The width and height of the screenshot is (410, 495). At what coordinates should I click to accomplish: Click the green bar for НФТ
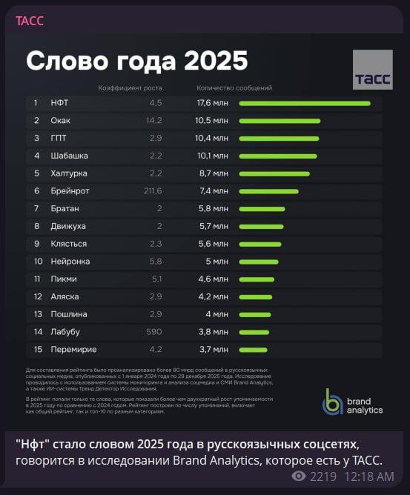click(304, 103)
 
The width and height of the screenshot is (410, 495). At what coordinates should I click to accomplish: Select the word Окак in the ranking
click(61, 120)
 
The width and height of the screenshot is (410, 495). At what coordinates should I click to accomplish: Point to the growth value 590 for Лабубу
click(153, 331)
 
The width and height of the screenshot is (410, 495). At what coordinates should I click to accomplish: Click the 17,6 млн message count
click(212, 103)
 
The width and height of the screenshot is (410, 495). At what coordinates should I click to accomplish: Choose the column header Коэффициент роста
click(130, 88)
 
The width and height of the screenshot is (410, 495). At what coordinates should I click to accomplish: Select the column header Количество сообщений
click(234, 88)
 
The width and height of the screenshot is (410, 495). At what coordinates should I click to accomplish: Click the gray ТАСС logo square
click(373, 70)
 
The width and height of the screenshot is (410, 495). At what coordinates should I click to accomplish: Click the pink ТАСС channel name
click(30, 21)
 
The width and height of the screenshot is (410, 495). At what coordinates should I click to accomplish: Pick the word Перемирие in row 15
click(73, 349)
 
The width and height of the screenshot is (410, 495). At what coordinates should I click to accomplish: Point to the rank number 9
click(36, 244)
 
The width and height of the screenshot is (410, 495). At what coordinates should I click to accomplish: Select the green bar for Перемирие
click(253, 349)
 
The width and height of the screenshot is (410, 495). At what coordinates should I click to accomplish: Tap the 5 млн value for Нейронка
click(216, 261)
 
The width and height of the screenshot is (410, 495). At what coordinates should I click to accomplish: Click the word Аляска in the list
click(65, 296)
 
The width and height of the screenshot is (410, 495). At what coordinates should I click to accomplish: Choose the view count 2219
click(323, 476)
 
